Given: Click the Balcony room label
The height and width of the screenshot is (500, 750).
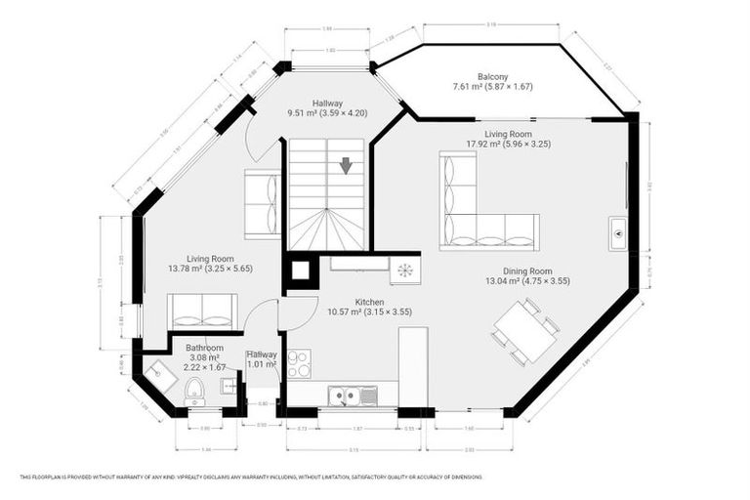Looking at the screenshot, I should [492, 77].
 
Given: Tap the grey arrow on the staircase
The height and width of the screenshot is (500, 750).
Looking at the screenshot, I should [346, 166].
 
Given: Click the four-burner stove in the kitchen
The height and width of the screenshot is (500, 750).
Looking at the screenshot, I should [298, 363].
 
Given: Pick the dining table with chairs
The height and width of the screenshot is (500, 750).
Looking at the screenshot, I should [525, 329].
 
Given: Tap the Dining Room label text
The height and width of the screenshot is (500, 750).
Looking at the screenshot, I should [527, 271].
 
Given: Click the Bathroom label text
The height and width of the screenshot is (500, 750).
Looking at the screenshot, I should [205, 348].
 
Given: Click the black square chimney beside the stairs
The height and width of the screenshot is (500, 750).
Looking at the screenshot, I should [301, 271].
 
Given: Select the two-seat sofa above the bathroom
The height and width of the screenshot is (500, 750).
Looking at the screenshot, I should [202, 311].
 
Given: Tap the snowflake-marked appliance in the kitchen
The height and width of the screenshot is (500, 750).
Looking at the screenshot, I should [404, 270].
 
